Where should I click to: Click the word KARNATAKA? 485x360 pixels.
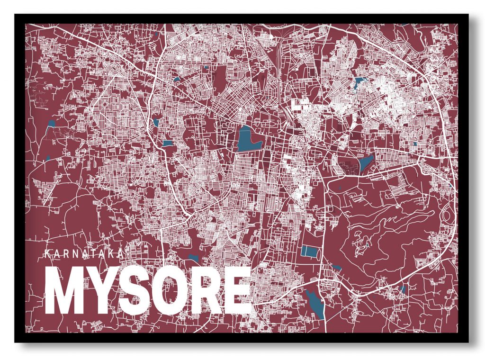(x=83, y=253)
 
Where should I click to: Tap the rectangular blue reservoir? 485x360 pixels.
(x=310, y=251)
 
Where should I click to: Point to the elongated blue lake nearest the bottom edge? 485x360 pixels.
(x=315, y=304)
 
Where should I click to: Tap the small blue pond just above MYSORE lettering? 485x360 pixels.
(x=193, y=258)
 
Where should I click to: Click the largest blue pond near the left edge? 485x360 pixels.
(x=51, y=125)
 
